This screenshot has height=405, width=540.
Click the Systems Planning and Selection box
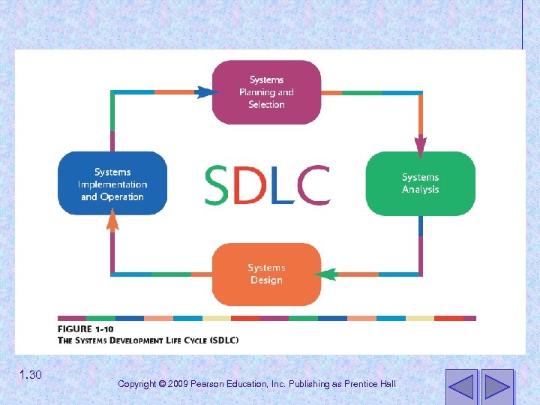pyautogui.click(x=266, y=92)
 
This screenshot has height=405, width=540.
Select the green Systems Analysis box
pyautogui.click(x=420, y=184)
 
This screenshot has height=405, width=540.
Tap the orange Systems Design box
pyautogui.click(x=266, y=274)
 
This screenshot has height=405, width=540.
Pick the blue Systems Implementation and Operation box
pyautogui.click(x=112, y=184)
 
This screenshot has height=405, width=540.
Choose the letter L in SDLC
pyautogui.click(x=286, y=185)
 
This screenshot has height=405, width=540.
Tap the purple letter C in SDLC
pyautogui.click(x=314, y=185)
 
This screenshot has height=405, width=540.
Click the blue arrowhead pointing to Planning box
pyautogui.click(x=205, y=92)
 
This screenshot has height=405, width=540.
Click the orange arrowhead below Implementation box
pyautogui.click(x=112, y=219)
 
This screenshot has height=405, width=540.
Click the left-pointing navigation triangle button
pyautogui.click(x=460, y=385)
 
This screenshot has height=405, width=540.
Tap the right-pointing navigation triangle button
pyautogui.click(x=496, y=385)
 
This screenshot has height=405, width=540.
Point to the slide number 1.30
pyautogui.click(x=31, y=375)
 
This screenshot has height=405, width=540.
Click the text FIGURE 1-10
pyautogui.click(x=85, y=329)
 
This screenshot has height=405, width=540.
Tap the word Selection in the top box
pyautogui.click(x=266, y=105)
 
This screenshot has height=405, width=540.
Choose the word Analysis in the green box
pyautogui.click(x=420, y=190)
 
